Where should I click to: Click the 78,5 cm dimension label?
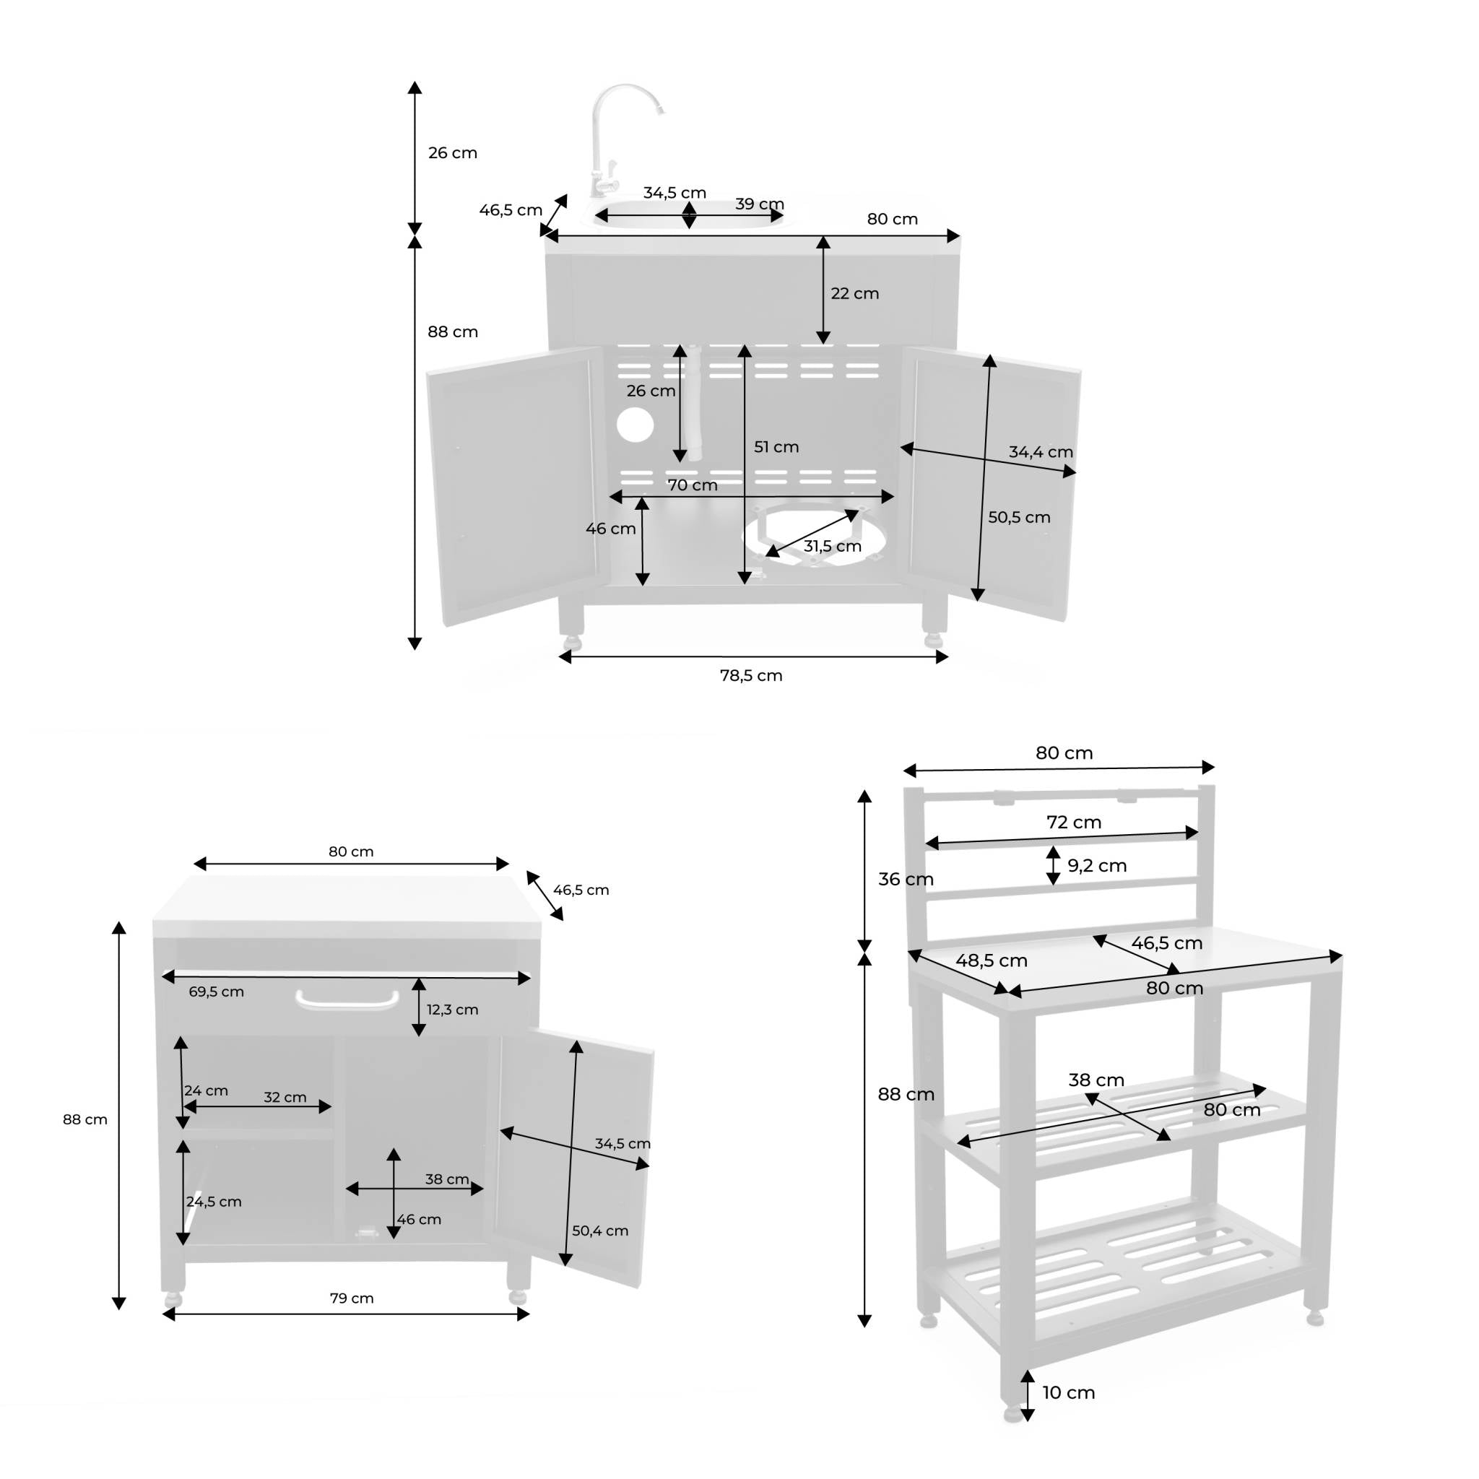[x=751, y=675]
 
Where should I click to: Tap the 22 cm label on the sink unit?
[x=854, y=293]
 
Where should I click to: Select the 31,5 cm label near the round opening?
[x=832, y=546]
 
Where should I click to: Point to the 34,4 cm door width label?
[x=1041, y=451]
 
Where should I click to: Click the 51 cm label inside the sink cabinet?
[x=776, y=446]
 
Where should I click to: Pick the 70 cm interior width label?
[x=692, y=485]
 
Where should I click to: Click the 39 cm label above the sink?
[x=760, y=204]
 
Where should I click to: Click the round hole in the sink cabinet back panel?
[x=635, y=425]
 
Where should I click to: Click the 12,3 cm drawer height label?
[x=452, y=1010]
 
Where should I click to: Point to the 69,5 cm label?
[x=216, y=992]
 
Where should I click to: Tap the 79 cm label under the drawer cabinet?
[x=352, y=1298]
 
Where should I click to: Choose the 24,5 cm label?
[x=214, y=1201]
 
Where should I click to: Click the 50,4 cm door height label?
[x=600, y=1230]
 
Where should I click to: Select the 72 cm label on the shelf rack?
[x=1073, y=821]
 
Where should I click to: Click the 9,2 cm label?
[x=1096, y=865]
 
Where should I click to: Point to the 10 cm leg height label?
[x=1068, y=1392]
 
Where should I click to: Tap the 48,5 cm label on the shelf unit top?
[x=991, y=960]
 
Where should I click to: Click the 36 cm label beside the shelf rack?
[x=905, y=879]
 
